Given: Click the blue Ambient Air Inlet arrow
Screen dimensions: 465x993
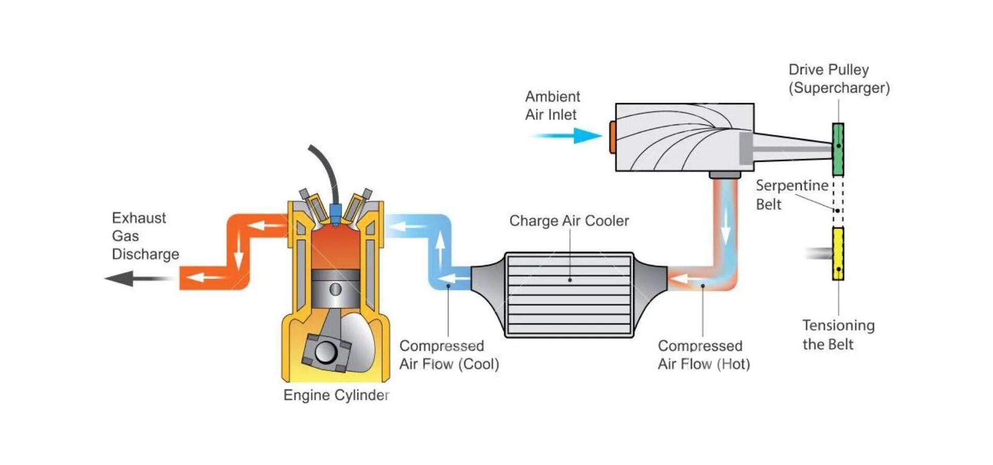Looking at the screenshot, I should [569, 136].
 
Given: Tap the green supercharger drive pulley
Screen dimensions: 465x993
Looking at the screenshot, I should [838, 149].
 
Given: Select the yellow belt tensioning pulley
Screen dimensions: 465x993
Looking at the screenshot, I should [838, 254].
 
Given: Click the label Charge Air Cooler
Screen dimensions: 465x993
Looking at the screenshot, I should [569, 221].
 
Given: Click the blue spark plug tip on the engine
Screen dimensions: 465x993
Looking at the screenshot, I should [335, 212].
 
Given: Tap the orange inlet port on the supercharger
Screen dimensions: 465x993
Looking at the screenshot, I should [612, 136].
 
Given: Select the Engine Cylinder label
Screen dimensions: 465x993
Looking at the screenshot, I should [336, 395].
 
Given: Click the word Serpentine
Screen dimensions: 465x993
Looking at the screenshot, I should [792, 185].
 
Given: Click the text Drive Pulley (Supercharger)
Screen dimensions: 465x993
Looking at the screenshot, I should [839, 79].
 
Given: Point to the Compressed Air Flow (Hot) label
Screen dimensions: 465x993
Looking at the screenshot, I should [703, 355].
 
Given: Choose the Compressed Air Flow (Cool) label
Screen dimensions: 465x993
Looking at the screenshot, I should [449, 355].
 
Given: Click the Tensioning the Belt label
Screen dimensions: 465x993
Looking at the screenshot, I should [838, 335].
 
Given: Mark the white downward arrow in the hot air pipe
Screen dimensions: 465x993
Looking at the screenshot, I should [726, 227].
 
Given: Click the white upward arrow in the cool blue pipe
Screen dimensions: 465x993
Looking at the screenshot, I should [440, 248].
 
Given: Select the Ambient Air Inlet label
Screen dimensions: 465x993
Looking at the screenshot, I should [552, 105].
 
